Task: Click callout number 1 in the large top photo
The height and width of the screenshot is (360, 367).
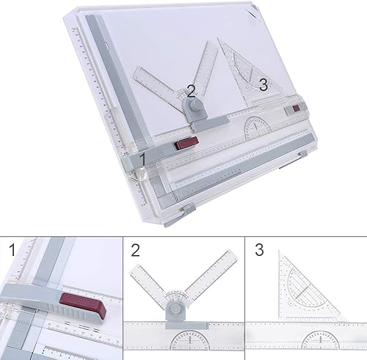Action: pyautogui.click(x=143, y=156)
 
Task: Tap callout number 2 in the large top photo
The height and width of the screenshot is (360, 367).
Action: pyautogui.click(x=192, y=91)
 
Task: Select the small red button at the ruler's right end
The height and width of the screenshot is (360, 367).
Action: pyautogui.click(x=297, y=109)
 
